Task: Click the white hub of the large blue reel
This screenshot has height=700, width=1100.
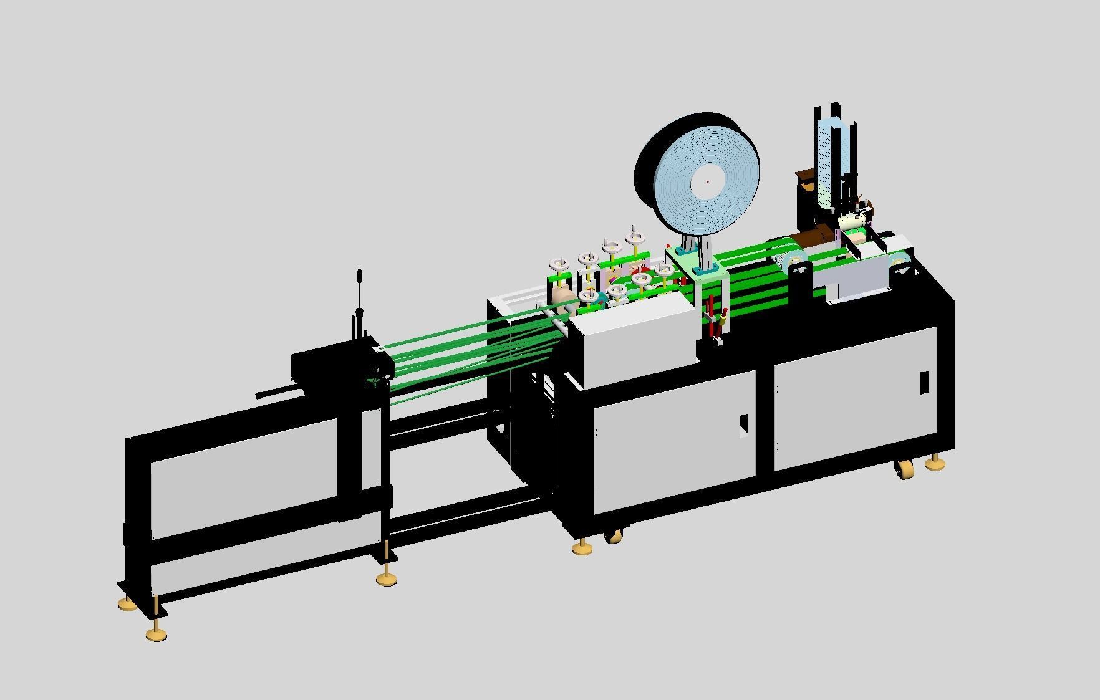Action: pos(707,182)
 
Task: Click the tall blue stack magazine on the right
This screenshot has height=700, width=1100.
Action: pos(827,162)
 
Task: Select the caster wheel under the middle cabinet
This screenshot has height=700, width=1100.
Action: pos(613,534)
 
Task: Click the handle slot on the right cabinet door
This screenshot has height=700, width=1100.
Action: pos(924,381)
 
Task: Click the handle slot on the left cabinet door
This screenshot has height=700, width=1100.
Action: pos(743,426)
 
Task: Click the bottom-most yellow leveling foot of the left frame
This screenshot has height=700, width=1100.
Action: pos(157,634)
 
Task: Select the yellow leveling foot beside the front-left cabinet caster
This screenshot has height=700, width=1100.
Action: pos(582,547)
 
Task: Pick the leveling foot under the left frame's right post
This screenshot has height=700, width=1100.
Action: pos(387,579)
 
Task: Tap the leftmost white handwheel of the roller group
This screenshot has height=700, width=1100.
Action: pos(559,264)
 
